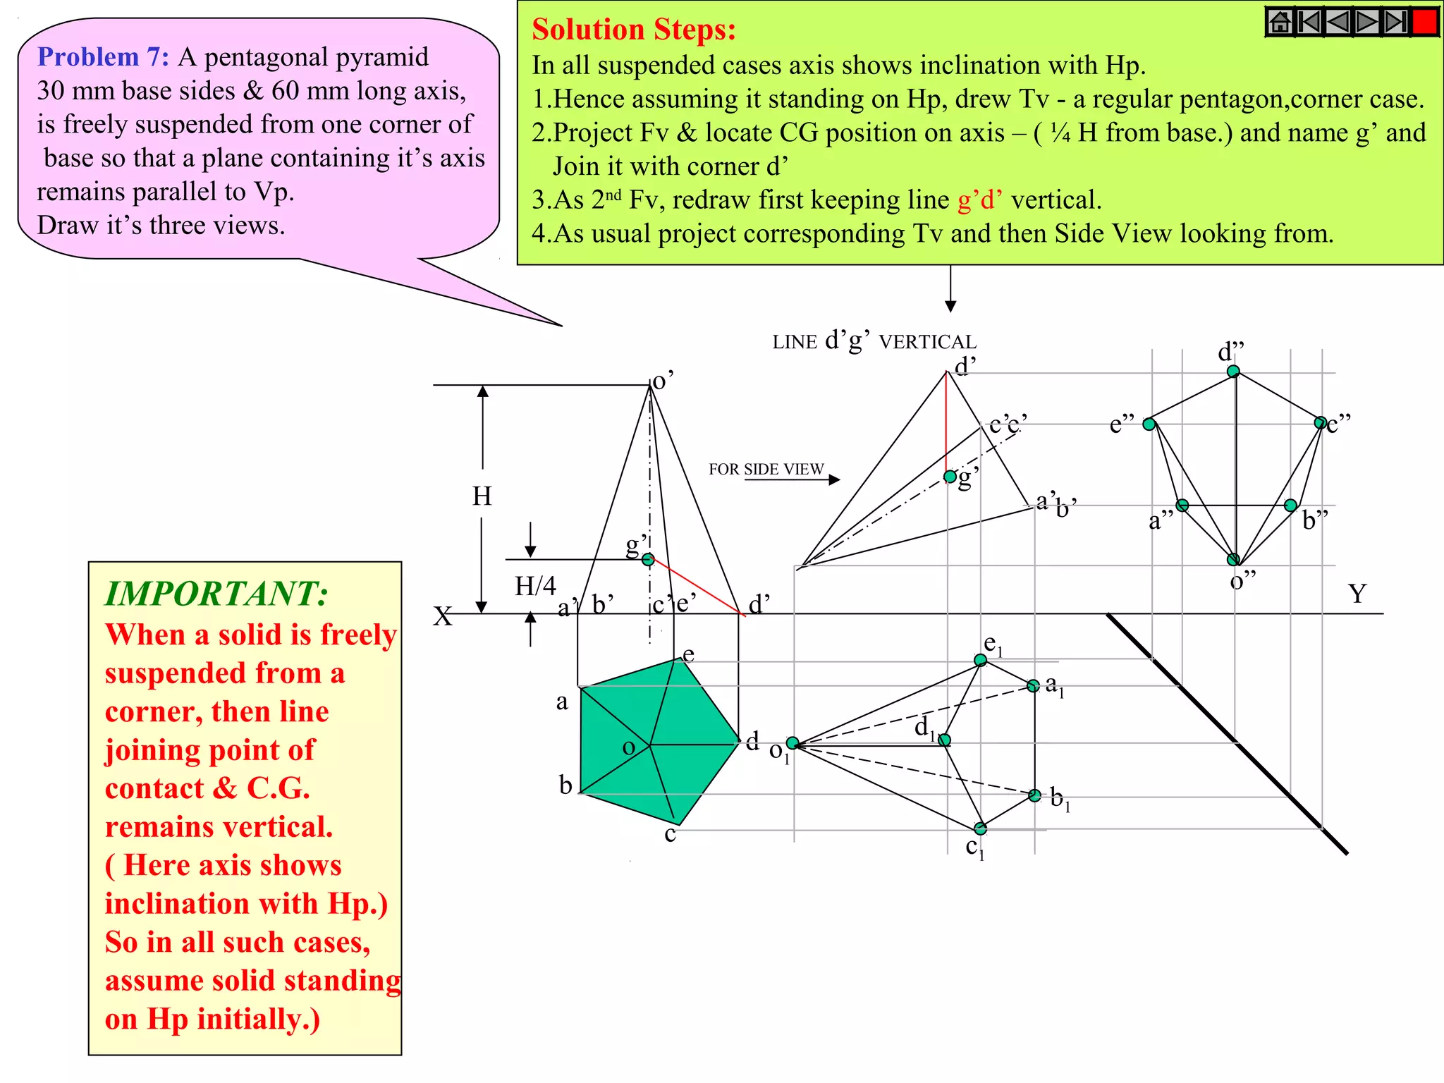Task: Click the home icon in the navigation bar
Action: point(1280,22)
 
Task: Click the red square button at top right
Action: point(1424,21)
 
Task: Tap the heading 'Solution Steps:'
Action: point(633,30)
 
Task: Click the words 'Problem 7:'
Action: point(103,57)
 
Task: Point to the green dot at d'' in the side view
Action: point(1232,371)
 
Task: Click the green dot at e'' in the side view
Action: point(1149,424)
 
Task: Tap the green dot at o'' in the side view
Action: point(1233,559)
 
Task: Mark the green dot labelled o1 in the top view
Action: point(793,743)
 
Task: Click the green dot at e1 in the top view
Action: point(980,660)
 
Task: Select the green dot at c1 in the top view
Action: point(980,828)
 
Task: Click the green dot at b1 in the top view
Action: point(1034,795)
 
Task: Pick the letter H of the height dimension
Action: point(482,496)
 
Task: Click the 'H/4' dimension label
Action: point(535,586)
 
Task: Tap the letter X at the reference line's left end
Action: point(443,616)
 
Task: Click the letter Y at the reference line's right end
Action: point(1357,594)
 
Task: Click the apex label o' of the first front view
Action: point(663,381)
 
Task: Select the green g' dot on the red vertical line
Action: point(950,477)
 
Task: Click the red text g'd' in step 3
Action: point(980,200)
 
